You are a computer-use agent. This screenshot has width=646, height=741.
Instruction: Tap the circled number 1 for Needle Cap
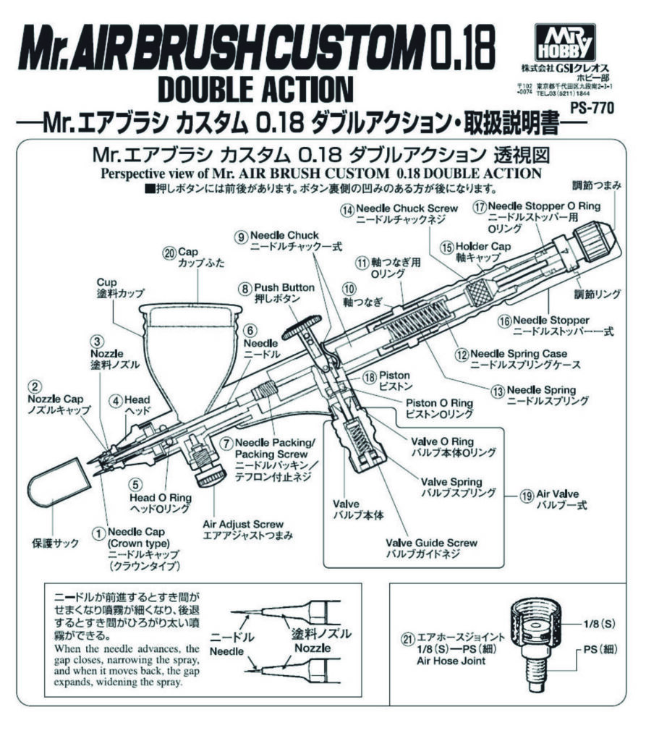click(x=95, y=532)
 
